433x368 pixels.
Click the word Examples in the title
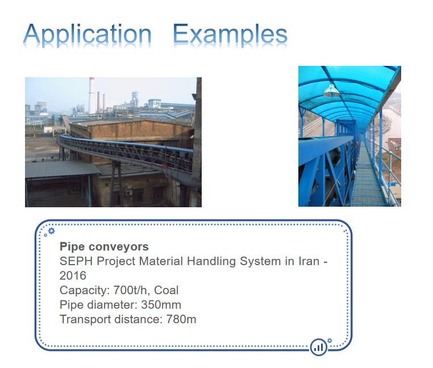point(230,35)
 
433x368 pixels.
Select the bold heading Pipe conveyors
point(104,247)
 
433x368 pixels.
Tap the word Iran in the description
point(309,261)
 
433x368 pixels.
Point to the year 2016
point(73,275)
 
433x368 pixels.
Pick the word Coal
point(166,290)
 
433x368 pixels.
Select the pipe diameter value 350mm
point(161,305)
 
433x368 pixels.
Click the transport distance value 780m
point(181,319)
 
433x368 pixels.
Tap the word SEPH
point(76,261)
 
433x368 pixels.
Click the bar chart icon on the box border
point(319,347)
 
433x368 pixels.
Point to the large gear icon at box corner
point(51,231)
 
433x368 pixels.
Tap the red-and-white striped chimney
point(91,95)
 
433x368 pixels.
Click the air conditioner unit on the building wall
point(129,193)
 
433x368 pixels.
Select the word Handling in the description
point(211,261)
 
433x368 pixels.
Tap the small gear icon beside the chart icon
point(330,341)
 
